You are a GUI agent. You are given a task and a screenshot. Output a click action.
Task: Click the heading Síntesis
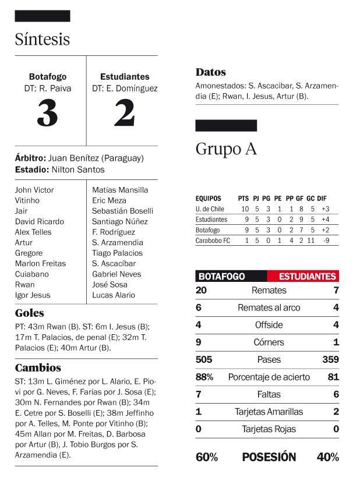tap(43, 39)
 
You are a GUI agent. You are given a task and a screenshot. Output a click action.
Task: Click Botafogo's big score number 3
tap(47, 114)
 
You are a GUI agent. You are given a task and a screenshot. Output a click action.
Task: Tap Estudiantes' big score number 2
tap(125, 114)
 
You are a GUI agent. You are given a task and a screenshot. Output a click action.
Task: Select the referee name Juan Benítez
tap(72, 158)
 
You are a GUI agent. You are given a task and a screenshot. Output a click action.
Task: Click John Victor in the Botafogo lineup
tap(34, 190)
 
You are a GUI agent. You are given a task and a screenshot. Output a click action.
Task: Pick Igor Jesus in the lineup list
tap(33, 295)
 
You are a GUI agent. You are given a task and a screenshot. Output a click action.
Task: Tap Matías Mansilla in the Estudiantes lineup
tap(120, 190)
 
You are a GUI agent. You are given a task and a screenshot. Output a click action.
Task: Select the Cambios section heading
tap(38, 368)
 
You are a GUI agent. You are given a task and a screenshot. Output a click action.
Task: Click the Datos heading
tap(210, 72)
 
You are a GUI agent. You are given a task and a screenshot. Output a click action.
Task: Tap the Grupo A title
tap(226, 149)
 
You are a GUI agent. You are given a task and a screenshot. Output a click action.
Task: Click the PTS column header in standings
tap(244, 199)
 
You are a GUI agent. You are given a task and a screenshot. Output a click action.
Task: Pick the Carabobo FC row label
tap(213, 240)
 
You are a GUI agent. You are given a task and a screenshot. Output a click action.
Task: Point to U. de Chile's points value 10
tap(245, 209)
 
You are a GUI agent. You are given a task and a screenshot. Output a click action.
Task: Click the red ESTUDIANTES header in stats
tap(307, 277)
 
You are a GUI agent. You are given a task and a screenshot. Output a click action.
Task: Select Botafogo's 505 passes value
tap(204, 360)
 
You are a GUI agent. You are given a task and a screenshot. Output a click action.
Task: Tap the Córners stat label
tap(269, 342)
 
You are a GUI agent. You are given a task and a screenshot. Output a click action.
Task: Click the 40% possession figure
tap(327, 457)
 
